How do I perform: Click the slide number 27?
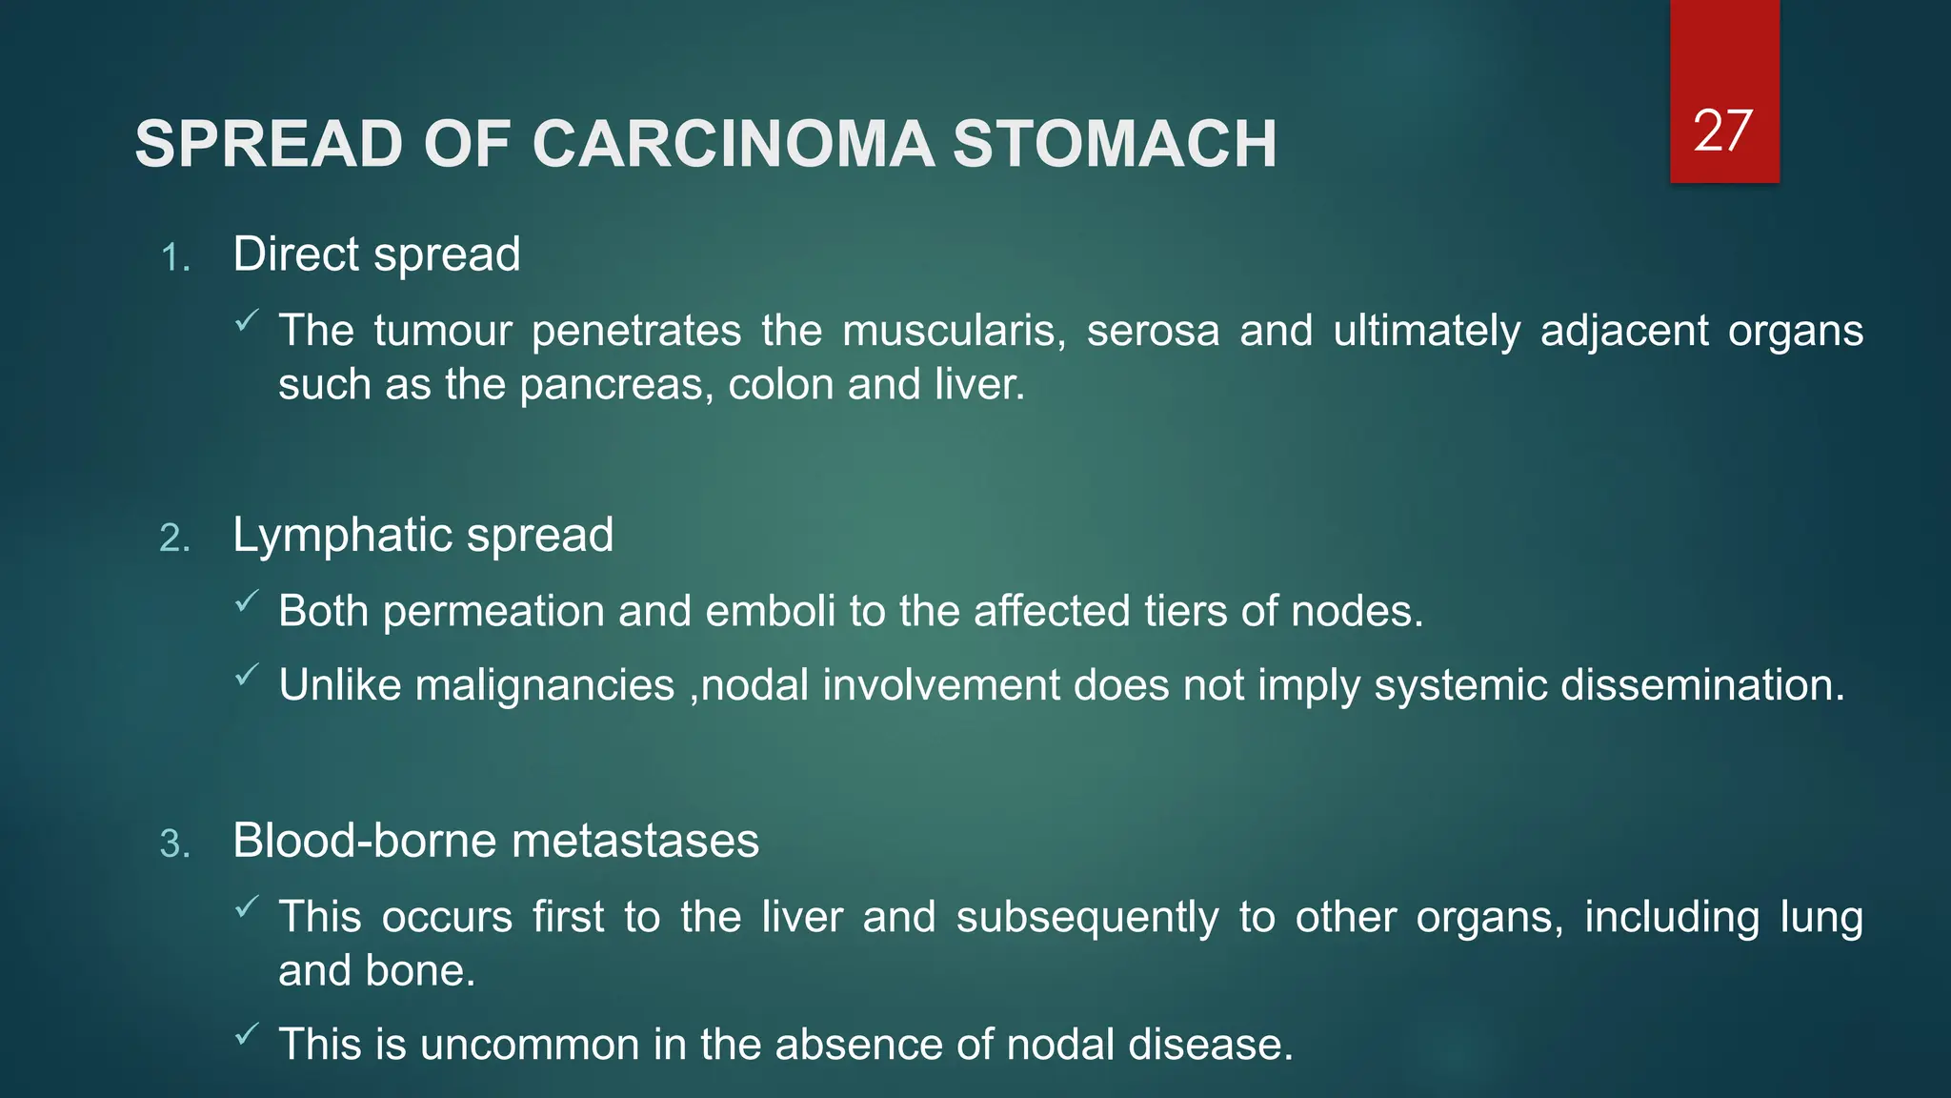coord(1722,131)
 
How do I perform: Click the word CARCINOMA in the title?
coord(733,145)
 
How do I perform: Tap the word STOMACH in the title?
coord(1115,145)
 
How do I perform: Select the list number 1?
coord(174,258)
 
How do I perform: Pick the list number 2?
coord(174,539)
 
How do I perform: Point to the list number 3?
coord(174,844)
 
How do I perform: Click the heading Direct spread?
coord(376,254)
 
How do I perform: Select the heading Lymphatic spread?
coord(423,535)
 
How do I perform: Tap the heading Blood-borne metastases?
coord(495,841)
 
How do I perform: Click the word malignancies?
coord(544,685)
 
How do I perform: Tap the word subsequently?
coord(1087,917)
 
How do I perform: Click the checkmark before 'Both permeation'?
coord(246,601)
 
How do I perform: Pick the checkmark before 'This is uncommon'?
coord(246,1033)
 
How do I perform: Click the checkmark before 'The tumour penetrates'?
coord(246,321)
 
